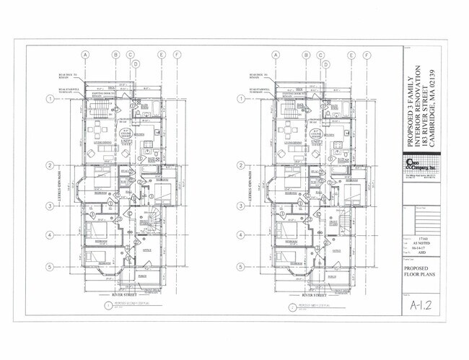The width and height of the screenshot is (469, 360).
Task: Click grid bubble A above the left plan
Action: click(x=85, y=55)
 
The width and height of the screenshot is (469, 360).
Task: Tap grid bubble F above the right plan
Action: click(x=367, y=55)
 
